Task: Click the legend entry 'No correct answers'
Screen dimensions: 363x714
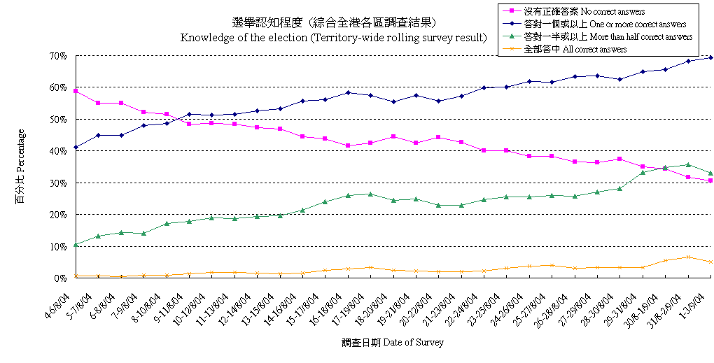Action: coord(594,11)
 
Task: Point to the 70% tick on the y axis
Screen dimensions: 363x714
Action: coord(58,55)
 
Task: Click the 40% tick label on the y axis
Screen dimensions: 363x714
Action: coord(58,150)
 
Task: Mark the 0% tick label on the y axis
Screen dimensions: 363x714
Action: coord(61,278)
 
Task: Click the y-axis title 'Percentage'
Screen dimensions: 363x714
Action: coord(20,166)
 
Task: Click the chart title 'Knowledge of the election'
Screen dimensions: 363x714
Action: coord(333,38)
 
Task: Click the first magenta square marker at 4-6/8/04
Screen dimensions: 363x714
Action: coord(75,91)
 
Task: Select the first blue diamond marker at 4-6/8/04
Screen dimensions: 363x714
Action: coord(75,148)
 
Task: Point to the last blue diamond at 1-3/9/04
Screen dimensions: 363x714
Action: coord(711,57)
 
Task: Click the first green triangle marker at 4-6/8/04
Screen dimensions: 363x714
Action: coord(75,244)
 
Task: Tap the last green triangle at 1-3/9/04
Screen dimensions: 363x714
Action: coord(711,173)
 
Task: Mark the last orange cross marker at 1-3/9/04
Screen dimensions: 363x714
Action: coord(711,262)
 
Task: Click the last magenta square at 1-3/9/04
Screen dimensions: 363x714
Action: coord(711,180)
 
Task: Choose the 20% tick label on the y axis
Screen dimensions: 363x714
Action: coord(58,214)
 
